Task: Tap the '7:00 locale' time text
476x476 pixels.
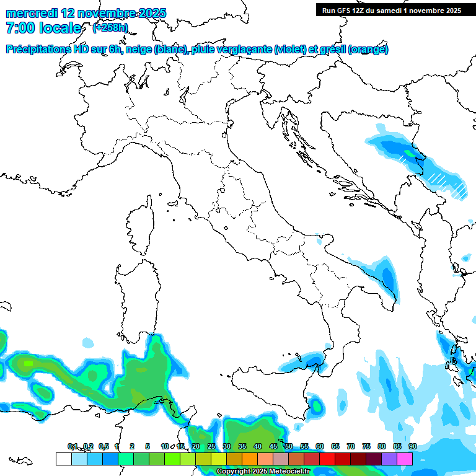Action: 43,28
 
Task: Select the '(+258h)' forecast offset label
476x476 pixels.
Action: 110,28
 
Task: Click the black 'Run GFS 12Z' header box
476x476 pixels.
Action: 391,10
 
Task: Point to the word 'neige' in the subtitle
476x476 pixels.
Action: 138,50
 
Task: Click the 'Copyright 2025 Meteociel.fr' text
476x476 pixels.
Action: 263,471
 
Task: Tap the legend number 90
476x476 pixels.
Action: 412,446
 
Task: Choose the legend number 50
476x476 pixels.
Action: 289,446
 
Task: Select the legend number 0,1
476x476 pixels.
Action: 73,446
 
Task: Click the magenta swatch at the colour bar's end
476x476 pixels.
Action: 405,459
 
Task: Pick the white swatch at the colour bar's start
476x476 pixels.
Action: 63,459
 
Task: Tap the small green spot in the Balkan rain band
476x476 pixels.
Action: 408,152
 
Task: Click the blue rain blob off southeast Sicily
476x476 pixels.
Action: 317,406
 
